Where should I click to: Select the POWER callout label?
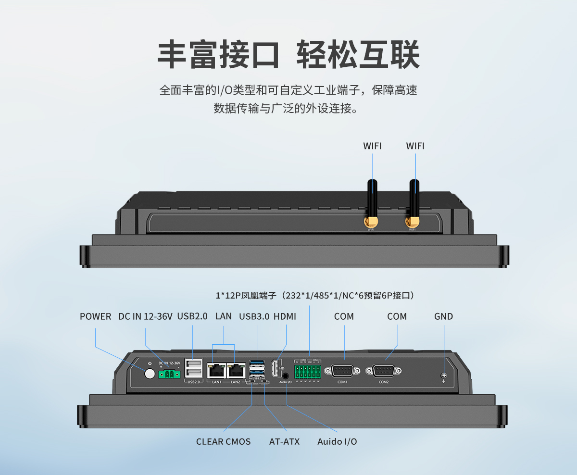point(95,316)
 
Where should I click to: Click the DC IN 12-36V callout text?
point(145,316)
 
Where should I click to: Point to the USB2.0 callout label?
point(192,316)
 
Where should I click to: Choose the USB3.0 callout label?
point(254,316)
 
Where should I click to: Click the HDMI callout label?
point(285,316)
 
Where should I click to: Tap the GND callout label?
point(443,316)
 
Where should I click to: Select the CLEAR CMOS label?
point(223,441)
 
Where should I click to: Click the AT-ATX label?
point(284,441)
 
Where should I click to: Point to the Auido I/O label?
point(337,441)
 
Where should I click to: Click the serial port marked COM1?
point(342,371)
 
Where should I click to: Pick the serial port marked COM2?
point(383,371)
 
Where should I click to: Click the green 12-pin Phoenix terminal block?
point(307,371)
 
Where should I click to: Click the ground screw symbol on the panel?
point(443,376)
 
